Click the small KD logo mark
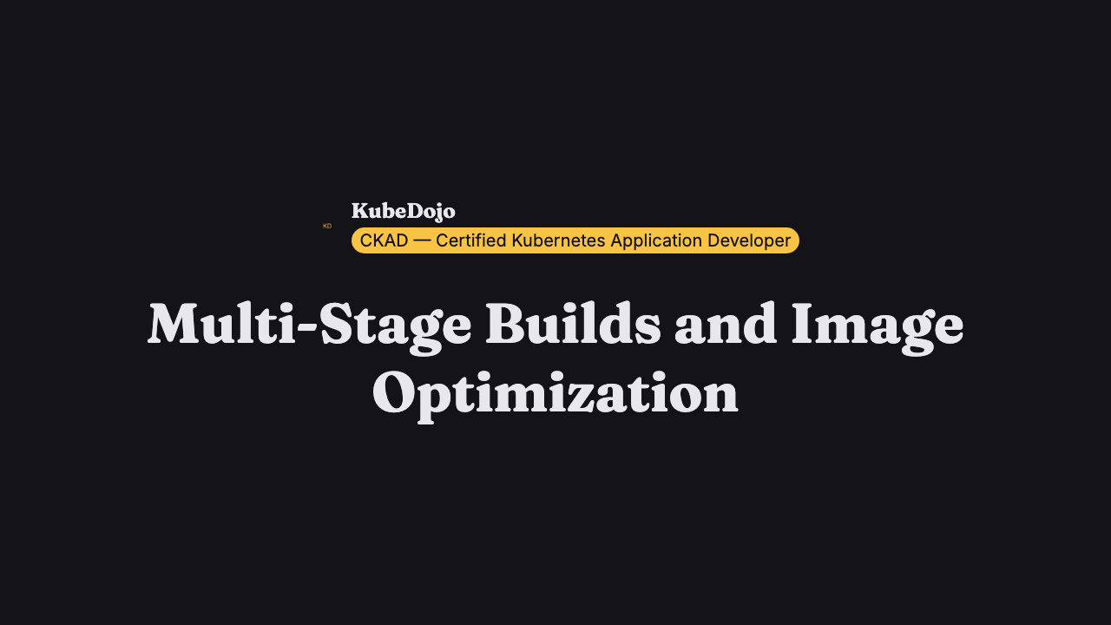point(327,226)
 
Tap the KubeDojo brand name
point(404,211)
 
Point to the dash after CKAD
point(422,241)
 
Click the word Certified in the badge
point(471,240)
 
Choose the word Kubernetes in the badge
point(558,240)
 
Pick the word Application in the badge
point(656,241)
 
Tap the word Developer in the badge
point(749,241)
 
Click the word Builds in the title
point(573,323)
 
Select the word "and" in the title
point(726,323)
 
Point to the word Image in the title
point(878,328)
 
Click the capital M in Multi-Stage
point(175,324)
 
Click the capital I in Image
point(804,324)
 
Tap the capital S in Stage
point(338,324)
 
